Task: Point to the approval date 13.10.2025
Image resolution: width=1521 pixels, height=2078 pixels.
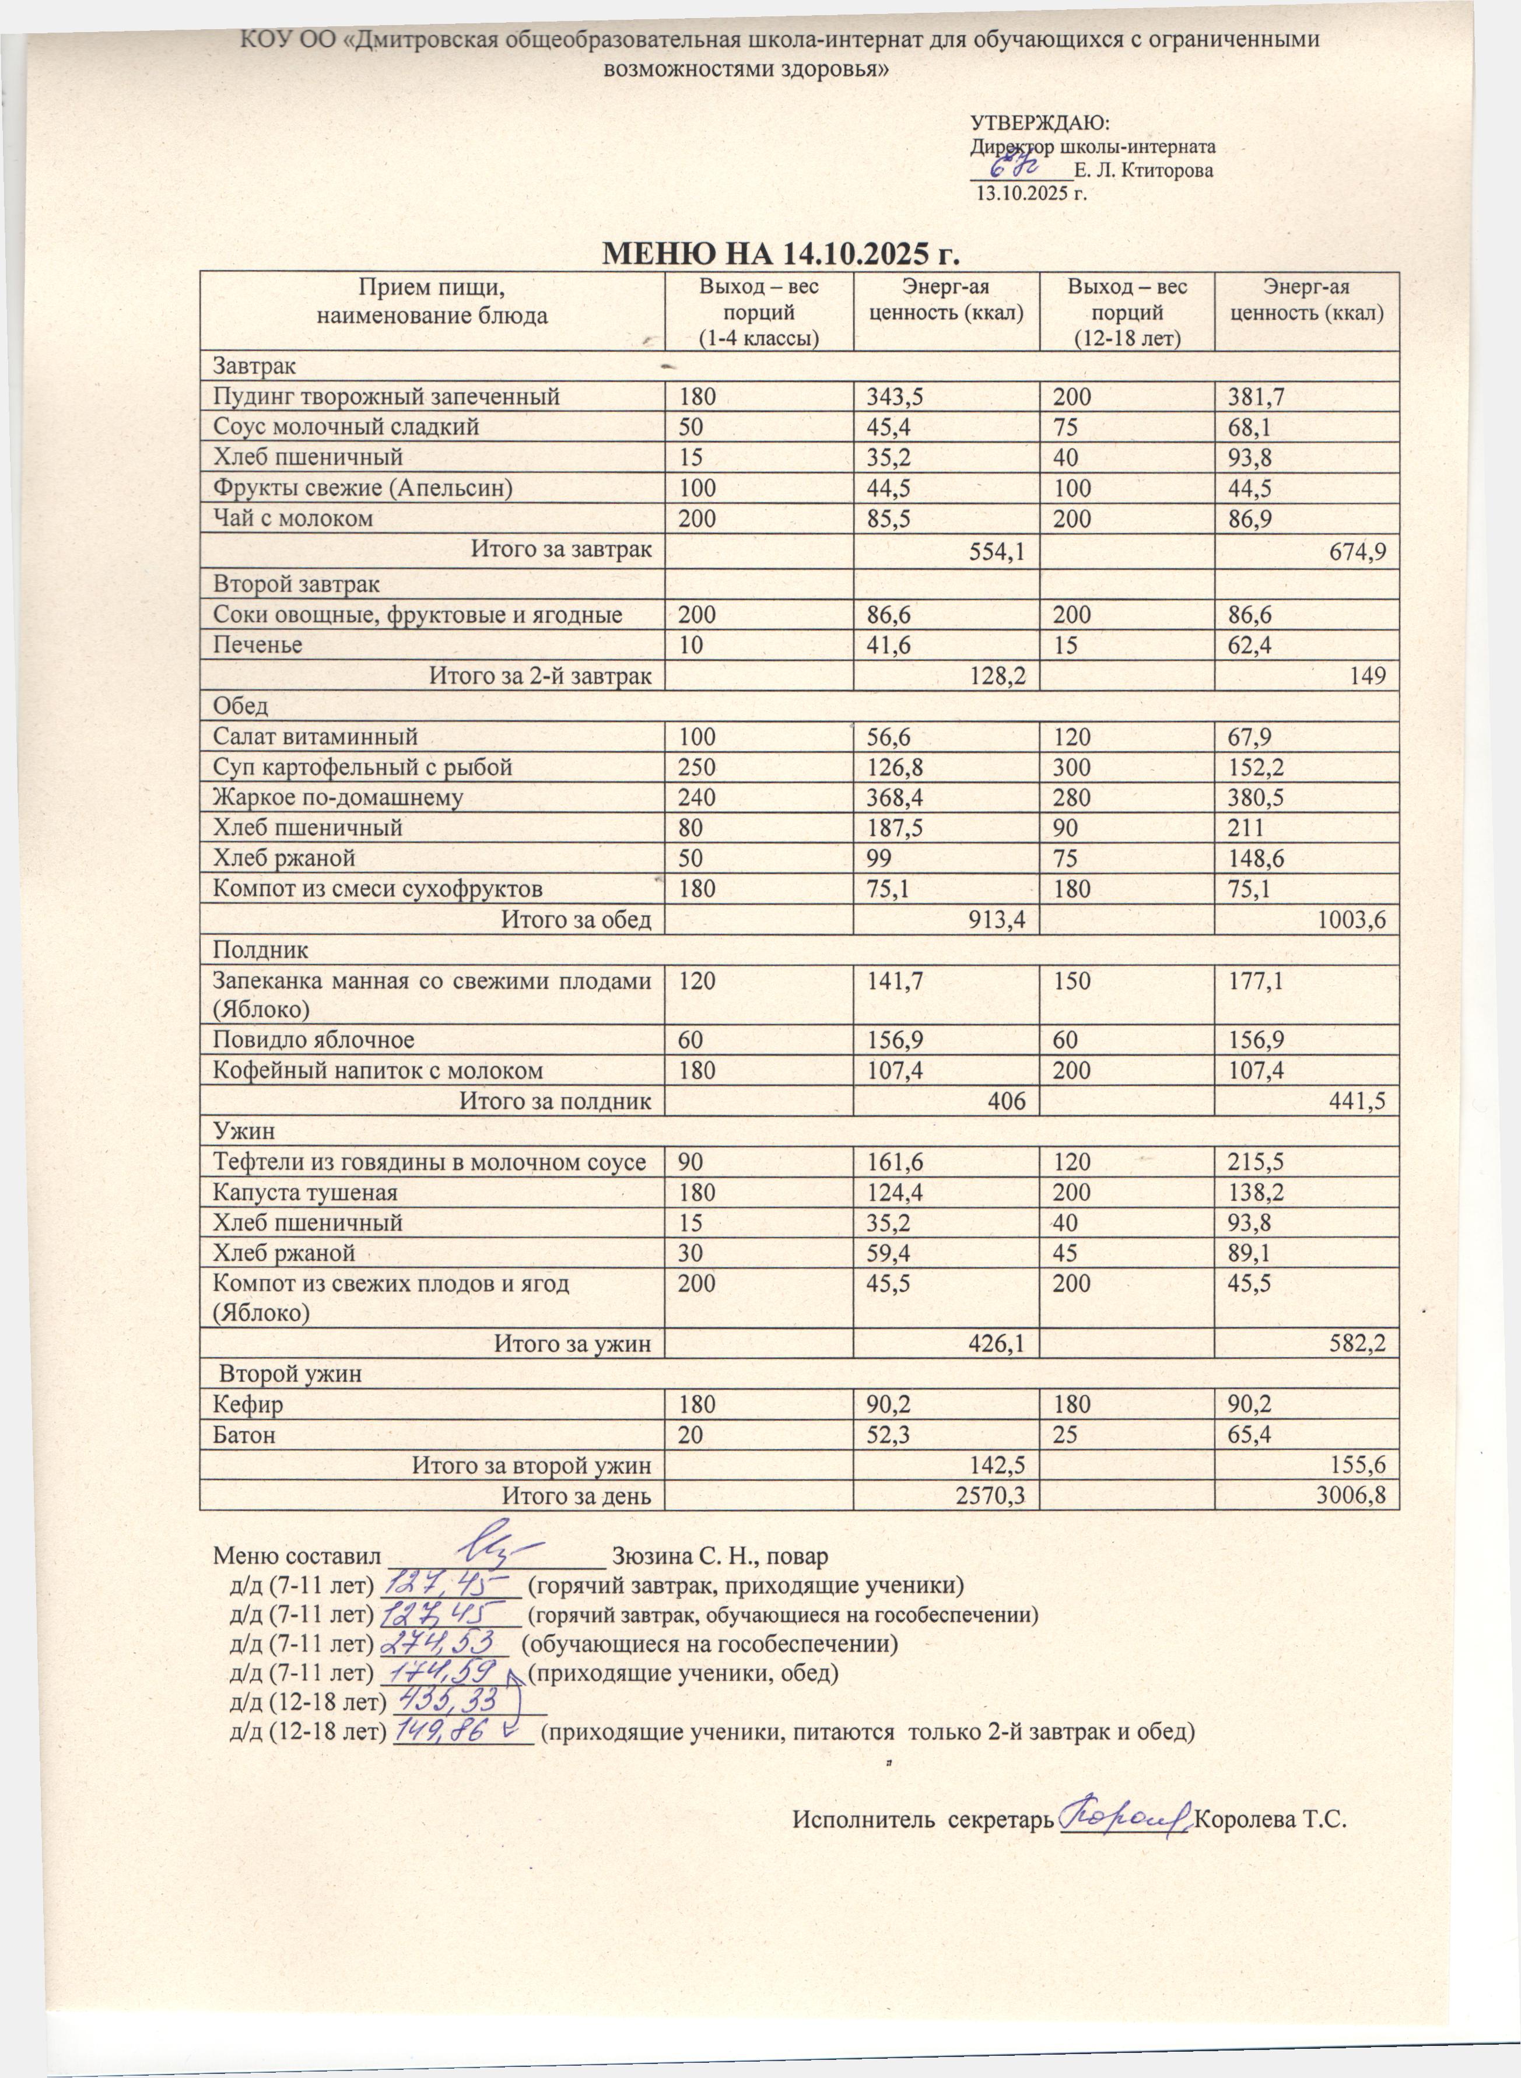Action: (1031, 194)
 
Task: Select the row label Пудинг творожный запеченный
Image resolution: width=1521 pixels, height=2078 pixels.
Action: (387, 397)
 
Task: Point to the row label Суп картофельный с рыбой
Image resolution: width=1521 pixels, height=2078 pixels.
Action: (363, 767)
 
